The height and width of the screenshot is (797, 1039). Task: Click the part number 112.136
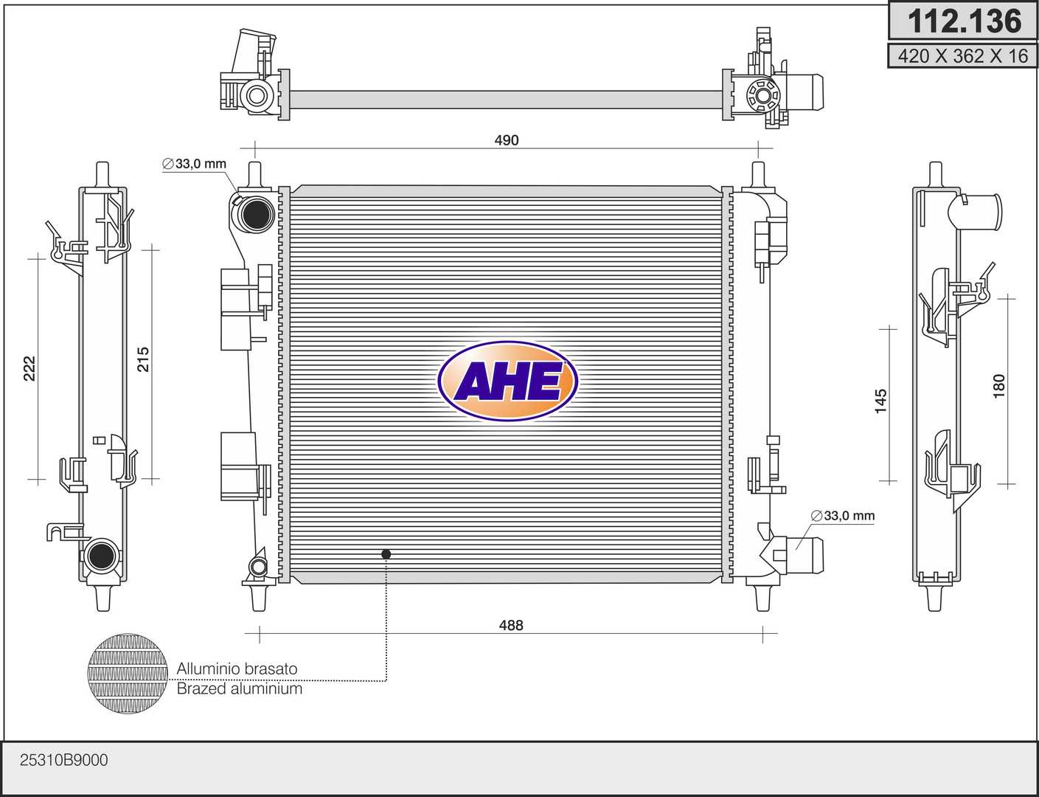[x=964, y=21]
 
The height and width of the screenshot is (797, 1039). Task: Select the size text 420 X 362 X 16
[x=963, y=56]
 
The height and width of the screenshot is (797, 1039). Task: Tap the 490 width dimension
[x=507, y=140]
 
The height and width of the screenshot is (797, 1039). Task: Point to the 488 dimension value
[x=511, y=625]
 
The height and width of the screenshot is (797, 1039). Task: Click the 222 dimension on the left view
[x=29, y=368]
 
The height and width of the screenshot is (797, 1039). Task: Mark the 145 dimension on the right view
[x=880, y=401]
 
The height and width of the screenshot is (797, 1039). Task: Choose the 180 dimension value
[x=999, y=386]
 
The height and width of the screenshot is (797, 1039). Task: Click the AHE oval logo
[x=508, y=381]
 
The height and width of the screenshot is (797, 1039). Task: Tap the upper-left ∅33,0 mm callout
[x=194, y=164]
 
